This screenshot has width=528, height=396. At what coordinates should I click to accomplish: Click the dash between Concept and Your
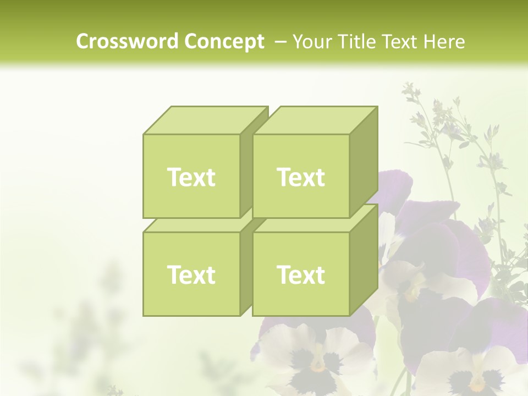279,41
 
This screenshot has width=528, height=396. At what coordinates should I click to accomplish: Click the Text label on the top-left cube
191,177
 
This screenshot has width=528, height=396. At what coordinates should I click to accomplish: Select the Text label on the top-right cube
301,177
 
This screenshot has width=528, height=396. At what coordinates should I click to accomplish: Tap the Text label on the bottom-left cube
191,274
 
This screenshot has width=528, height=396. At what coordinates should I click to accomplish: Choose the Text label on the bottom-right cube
301,274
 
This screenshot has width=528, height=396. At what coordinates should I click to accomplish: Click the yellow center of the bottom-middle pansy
317,365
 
